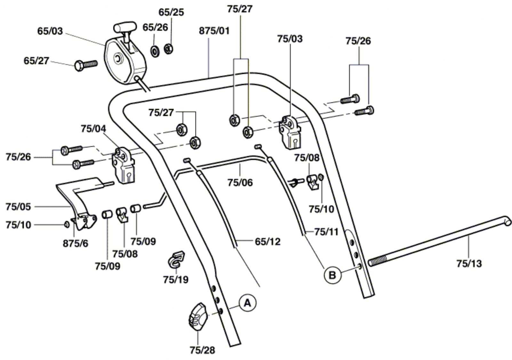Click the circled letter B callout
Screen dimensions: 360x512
pos(332,274)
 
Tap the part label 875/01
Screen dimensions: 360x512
pos(214,31)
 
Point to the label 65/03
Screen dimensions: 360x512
pos(50,31)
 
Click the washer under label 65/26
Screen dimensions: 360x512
pos(156,50)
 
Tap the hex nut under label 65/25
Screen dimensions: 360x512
pos(169,49)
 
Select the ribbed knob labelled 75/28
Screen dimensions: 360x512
pos(197,316)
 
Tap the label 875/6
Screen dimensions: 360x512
pos(76,244)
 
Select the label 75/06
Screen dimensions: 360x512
pos(240,183)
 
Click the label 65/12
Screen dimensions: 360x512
pos(268,241)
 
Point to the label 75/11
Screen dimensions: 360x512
pos(326,232)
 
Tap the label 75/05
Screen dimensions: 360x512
pos(18,207)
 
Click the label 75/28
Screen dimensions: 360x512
pos(202,350)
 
